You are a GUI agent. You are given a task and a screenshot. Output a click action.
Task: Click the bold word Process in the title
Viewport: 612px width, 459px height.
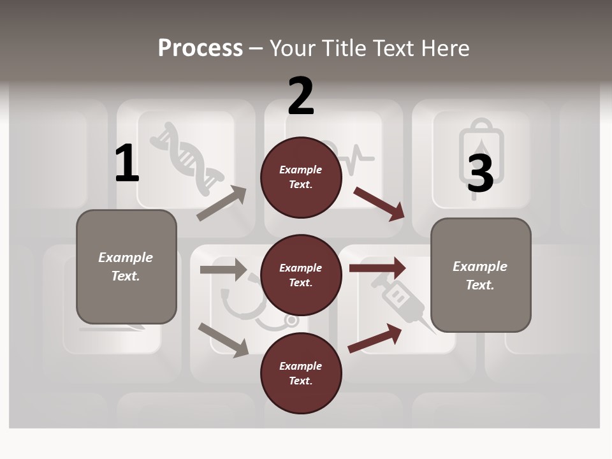(x=200, y=48)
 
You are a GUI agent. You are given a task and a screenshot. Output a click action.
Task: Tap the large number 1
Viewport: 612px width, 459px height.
(x=127, y=163)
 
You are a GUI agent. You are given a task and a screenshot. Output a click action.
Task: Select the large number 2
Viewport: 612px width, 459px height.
(x=301, y=96)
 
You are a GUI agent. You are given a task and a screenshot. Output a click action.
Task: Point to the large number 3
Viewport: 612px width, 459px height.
(x=480, y=173)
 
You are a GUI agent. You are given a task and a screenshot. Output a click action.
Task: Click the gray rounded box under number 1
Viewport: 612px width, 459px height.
(x=126, y=266)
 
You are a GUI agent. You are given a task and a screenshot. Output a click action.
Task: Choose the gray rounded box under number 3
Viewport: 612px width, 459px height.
(x=481, y=275)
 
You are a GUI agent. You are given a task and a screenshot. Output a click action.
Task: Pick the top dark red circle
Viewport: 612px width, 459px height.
(x=301, y=177)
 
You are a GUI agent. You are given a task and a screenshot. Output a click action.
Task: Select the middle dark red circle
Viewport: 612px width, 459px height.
(x=301, y=275)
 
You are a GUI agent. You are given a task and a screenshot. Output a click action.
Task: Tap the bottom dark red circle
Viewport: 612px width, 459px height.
(x=301, y=373)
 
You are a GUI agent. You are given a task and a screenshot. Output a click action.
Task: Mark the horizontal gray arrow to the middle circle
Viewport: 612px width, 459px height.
(x=223, y=270)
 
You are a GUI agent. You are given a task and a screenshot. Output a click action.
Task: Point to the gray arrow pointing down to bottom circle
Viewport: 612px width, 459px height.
(x=223, y=340)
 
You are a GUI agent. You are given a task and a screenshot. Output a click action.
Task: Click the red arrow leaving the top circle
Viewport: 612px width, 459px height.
(x=379, y=204)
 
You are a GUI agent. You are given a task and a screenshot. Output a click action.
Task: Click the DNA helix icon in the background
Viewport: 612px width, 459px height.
(x=187, y=157)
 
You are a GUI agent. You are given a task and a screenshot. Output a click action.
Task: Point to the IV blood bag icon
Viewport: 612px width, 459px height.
(x=481, y=159)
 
